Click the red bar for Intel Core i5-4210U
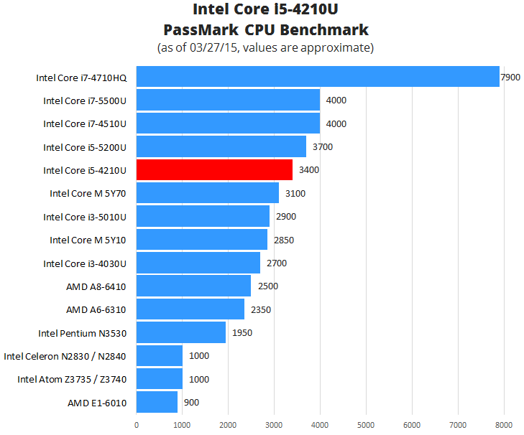pyautogui.click(x=214, y=170)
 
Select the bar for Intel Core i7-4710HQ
pyautogui.click(x=317, y=77)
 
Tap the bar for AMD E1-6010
pyautogui.click(x=157, y=403)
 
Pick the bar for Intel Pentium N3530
pyautogui.click(x=181, y=333)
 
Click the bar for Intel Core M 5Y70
pyautogui.click(x=207, y=193)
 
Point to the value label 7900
pyautogui.click(x=510, y=77)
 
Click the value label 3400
pyautogui.click(x=309, y=170)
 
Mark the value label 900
pyautogui.click(x=191, y=403)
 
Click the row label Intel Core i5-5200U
pyautogui.click(x=85, y=147)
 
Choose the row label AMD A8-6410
pyautogui.click(x=96, y=286)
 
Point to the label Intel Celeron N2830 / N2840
pyautogui.click(x=65, y=356)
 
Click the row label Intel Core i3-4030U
pyautogui.click(x=85, y=263)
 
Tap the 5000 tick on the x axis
pyautogui.click(x=366, y=424)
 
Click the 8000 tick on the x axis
pyautogui.click(x=503, y=424)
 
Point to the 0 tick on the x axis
pyautogui.click(x=137, y=424)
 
